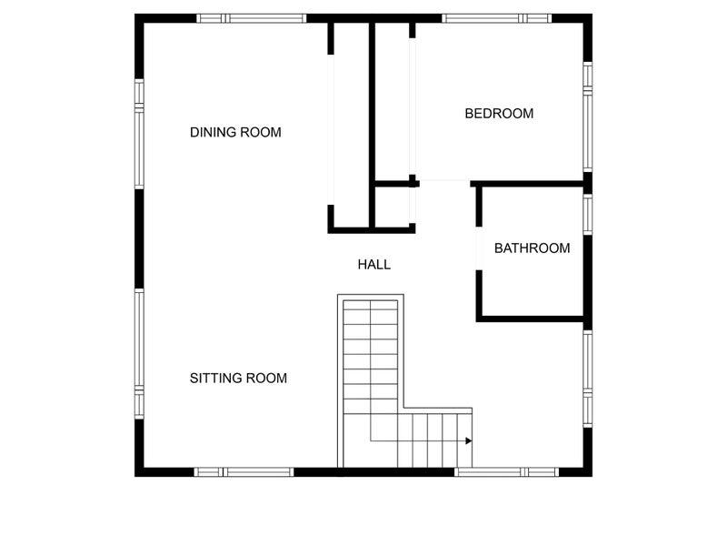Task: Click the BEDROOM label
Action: (x=499, y=113)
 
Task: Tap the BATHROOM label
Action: (x=532, y=248)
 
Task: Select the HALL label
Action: (x=374, y=265)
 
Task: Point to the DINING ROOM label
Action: (x=235, y=132)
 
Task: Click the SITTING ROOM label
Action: (x=238, y=378)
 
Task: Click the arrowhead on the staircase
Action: (x=469, y=440)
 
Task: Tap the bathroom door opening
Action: (x=479, y=248)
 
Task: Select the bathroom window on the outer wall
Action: (x=587, y=215)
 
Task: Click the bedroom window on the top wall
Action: (x=496, y=18)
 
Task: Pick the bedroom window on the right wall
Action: (x=587, y=117)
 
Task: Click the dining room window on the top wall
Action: (x=252, y=18)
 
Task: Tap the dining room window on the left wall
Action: (x=139, y=134)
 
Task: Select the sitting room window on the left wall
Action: (x=139, y=354)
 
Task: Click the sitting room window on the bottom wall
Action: (x=244, y=472)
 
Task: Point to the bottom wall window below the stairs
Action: (x=506, y=472)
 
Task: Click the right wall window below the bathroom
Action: (x=587, y=379)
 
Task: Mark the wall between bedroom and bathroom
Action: (x=527, y=184)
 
